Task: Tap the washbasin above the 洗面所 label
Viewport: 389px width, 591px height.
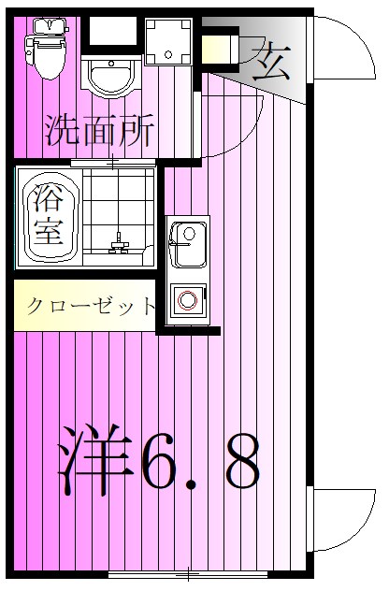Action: tap(110, 74)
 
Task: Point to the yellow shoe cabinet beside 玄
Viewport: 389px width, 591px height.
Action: tap(220, 48)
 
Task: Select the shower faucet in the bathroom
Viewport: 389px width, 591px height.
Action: tap(119, 245)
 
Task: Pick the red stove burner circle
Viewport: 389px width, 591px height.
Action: tap(188, 301)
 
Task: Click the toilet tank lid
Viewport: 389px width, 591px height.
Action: tap(46, 25)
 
